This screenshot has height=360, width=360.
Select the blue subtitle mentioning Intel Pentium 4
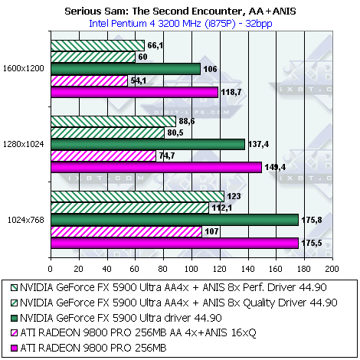tap(181, 24)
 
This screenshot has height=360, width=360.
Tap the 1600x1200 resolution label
tap(24, 68)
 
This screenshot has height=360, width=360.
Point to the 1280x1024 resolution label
tap(24, 144)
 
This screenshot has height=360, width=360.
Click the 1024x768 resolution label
tap(26, 220)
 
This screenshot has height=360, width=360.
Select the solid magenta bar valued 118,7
tap(135, 92)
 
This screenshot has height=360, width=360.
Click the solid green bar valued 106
tap(126, 69)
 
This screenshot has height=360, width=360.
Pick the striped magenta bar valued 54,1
tap(90, 80)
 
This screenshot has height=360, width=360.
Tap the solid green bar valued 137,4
tap(148, 145)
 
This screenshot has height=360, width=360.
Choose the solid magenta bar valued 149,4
tap(156, 167)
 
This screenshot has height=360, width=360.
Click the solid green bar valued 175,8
tap(175, 220)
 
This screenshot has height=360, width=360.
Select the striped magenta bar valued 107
tap(126, 231)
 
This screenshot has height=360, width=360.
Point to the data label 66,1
tap(155, 45)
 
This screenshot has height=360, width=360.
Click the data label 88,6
tap(187, 121)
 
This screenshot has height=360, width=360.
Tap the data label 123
tap(234, 196)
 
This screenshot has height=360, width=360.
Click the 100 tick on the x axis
tap(191, 269)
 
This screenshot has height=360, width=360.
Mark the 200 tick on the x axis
tap(332, 269)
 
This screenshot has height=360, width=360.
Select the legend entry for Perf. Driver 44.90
tap(169, 288)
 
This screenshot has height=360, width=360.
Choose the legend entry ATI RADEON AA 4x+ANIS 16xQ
tap(133, 333)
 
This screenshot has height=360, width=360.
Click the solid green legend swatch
tap(15, 318)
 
